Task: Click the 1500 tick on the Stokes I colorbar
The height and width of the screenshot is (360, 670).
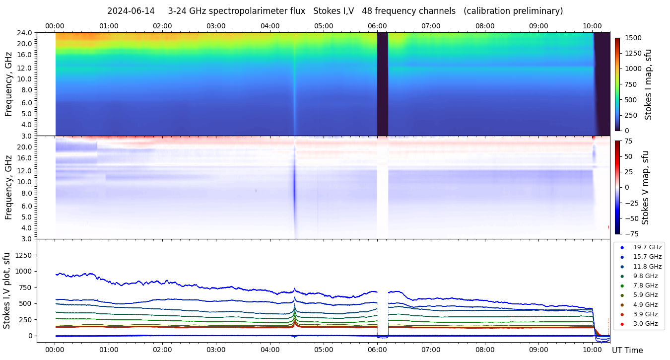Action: click(633, 38)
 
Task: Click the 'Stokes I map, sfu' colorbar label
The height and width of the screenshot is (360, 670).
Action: click(648, 84)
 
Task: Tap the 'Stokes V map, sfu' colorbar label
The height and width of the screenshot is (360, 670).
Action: click(646, 187)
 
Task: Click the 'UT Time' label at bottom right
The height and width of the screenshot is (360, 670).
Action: click(627, 350)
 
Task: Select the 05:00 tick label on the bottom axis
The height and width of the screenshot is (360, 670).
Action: click(324, 350)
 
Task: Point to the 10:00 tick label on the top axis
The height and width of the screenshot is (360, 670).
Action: click(592, 26)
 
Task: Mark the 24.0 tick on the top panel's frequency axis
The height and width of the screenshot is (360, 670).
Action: click(26, 33)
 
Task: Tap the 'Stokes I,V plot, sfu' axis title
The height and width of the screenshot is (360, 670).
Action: click(7, 290)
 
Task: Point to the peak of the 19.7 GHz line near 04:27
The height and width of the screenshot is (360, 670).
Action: click(294, 288)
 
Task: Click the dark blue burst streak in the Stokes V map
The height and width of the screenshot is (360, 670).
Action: click(294, 184)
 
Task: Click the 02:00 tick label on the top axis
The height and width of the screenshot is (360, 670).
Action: click(162, 26)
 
